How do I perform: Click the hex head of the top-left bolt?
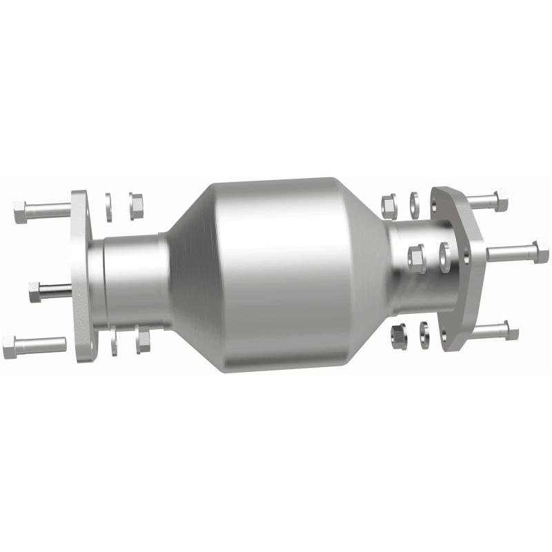(x=20, y=212)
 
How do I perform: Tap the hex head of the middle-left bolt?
(x=35, y=292)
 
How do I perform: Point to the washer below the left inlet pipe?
(x=114, y=341)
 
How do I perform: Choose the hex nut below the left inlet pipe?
(x=143, y=339)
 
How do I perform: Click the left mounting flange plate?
(x=81, y=276)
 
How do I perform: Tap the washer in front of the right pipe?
(x=444, y=256)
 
